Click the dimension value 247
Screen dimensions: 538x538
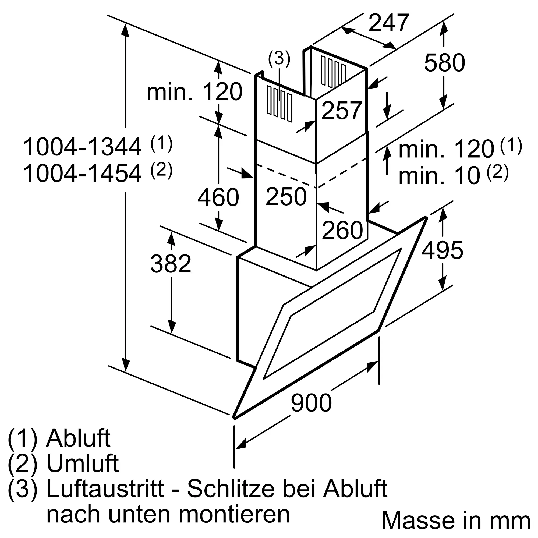pos(389,23)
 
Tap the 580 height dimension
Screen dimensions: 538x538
pos(444,63)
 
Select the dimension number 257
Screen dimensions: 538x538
pos(342,111)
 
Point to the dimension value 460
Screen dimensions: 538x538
pos(218,197)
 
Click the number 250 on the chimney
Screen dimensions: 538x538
pos(286,197)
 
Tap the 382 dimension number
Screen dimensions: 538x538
pos(171,263)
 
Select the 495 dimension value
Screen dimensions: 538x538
pos(443,250)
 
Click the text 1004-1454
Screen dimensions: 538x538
pos(82,174)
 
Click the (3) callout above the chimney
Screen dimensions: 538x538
pos(279,58)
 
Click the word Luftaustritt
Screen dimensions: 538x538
pos(105,489)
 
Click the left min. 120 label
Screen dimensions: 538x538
pos(195,92)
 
